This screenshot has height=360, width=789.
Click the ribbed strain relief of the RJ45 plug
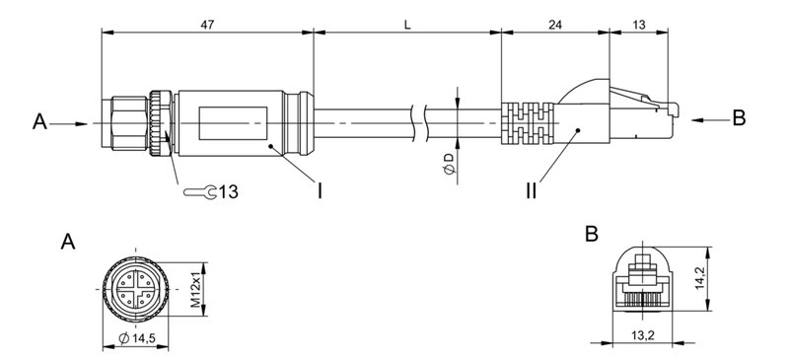pyautogui.click(x=524, y=123)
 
